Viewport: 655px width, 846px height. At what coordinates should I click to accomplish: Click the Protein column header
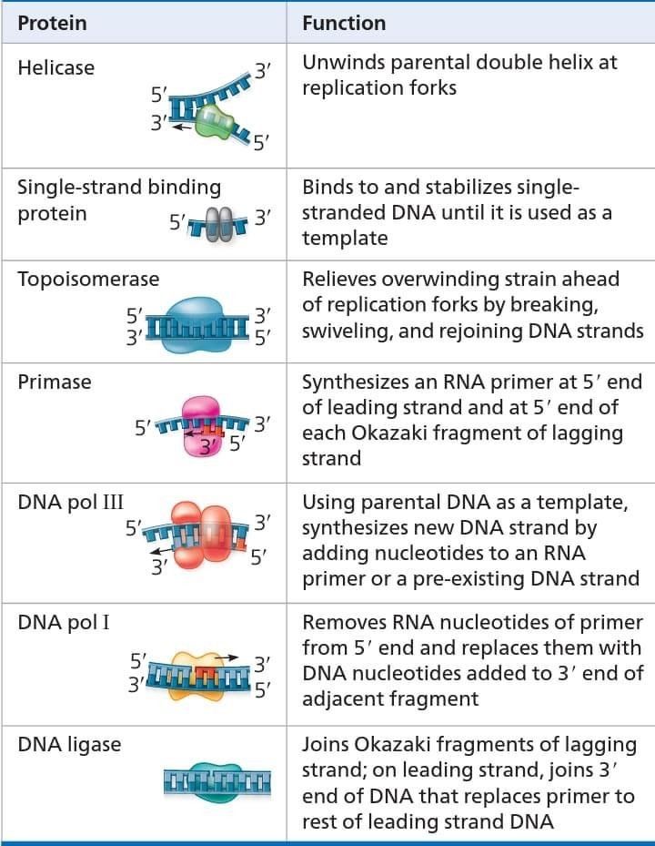52,23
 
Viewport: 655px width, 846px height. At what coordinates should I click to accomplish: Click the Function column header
344,23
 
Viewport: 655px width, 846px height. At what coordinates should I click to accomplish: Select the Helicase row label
56,67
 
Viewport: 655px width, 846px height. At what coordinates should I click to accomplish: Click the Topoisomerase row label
88,279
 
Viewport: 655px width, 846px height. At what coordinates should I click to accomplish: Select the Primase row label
55,382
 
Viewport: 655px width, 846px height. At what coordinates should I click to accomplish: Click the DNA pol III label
71,502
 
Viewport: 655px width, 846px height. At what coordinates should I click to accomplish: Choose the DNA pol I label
64,622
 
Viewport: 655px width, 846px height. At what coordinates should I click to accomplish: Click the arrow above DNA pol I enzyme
227,657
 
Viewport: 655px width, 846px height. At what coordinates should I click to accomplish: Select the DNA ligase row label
69,745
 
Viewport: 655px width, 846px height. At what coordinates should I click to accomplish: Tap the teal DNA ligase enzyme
217,781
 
